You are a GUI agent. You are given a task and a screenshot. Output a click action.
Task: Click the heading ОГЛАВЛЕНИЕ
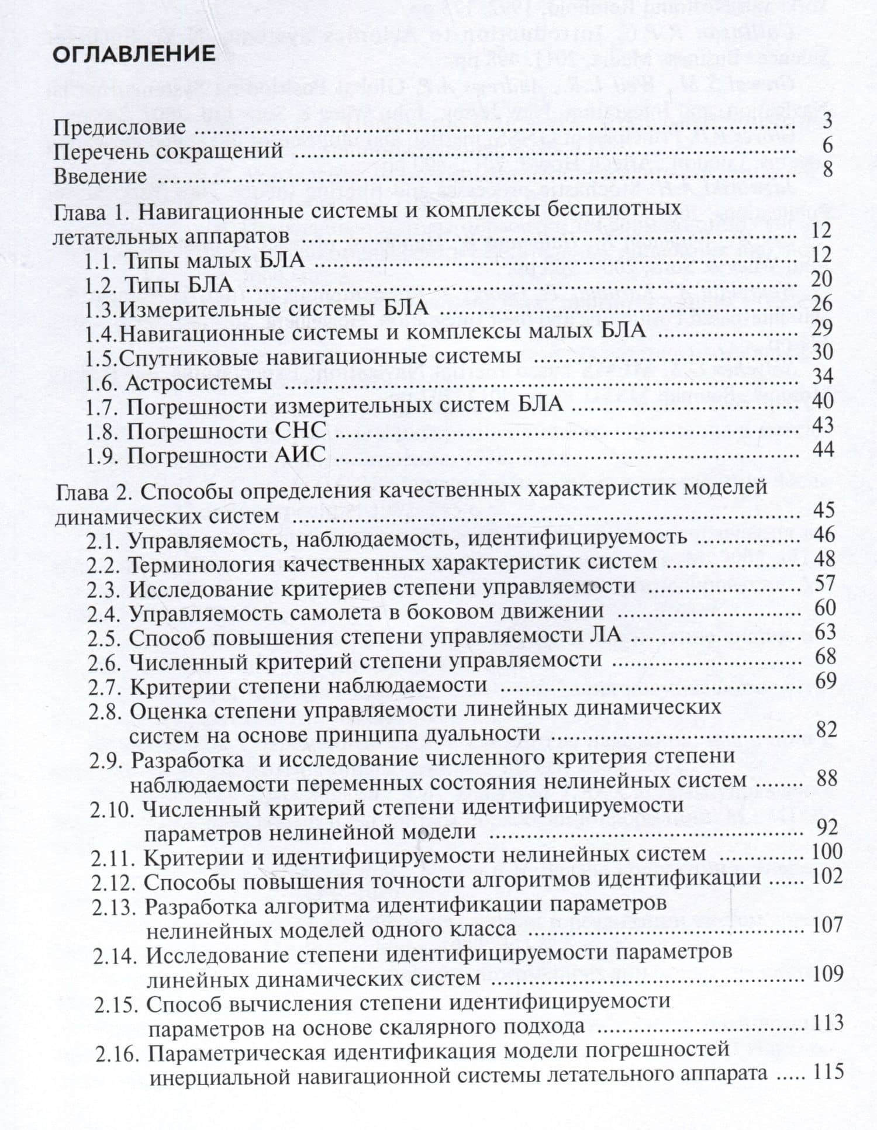click(x=134, y=54)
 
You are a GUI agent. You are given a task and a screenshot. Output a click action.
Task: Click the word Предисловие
click(x=120, y=127)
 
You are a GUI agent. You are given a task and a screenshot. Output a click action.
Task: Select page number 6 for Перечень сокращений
click(x=827, y=145)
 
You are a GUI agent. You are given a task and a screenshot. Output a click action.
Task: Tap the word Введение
click(x=101, y=176)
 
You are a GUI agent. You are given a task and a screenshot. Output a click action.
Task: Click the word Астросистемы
click(x=199, y=382)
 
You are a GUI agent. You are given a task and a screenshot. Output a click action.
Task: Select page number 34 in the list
click(x=822, y=376)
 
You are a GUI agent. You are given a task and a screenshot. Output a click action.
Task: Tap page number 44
click(x=822, y=449)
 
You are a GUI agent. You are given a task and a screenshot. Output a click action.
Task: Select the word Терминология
click(x=201, y=563)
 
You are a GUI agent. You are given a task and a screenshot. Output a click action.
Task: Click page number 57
click(x=824, y=583)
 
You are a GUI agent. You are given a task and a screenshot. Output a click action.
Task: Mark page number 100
click(x=827, y=851)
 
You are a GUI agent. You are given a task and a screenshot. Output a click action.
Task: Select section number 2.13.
click(x=115, y=907)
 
